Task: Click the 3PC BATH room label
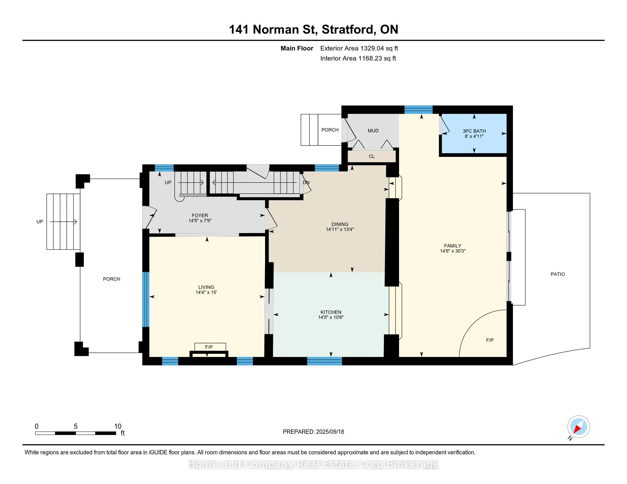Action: (x=474, y=131)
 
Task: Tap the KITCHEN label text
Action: (x=331, y=312)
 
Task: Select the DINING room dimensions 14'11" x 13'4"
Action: (x=340, y=229)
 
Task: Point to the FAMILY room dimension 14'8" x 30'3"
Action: (x=453, y=251)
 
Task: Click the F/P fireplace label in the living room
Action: (x=209, y=347)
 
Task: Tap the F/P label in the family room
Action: (x=490, y=340)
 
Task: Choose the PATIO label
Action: (x=557, y=274)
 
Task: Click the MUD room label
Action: (x=373, y=130)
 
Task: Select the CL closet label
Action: (x=371, y=156)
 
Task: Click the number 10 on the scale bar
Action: (x=118, y=426)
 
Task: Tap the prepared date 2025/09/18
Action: (x=330, y=432)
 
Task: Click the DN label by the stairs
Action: (x=306, y=182)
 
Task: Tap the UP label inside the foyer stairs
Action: (x=168, y=182)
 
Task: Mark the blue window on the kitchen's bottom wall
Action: (x=324, y=361)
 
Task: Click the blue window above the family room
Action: (x=418, y=110)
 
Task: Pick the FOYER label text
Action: (x=200, y=215)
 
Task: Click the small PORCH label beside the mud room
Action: (x=330, y=130)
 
